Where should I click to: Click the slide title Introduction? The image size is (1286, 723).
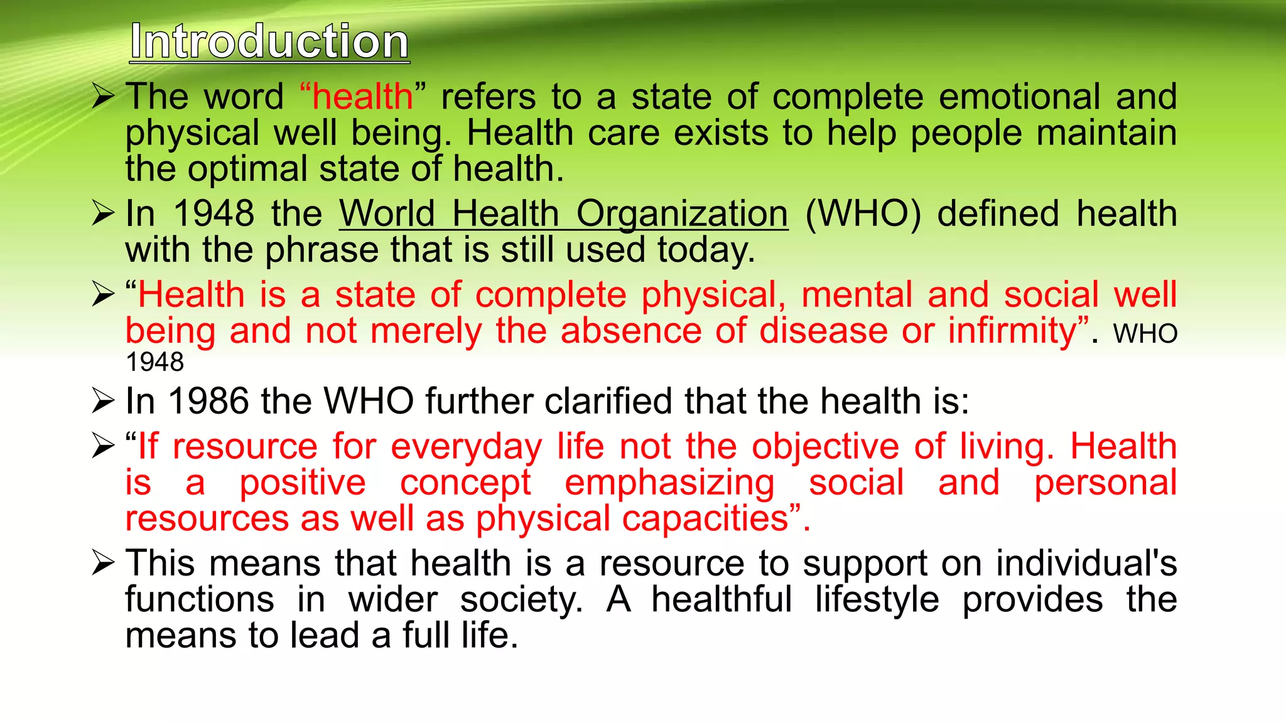[269, 42]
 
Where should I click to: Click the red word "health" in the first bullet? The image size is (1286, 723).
[362, 97]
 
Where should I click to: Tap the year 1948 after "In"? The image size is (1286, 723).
[213, 213]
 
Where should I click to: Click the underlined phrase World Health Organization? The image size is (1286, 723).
[563, 214]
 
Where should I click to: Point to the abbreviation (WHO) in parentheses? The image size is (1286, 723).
[863, 214]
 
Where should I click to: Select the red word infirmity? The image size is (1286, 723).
[1018, 331]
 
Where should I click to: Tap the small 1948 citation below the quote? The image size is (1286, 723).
[154, 362]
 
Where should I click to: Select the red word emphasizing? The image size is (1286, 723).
[669, 483]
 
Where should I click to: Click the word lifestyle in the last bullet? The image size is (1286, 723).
[877, 599]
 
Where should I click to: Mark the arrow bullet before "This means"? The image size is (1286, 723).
[103, 562]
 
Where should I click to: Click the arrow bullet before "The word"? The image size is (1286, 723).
[103, 97]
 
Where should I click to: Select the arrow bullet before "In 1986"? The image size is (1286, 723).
[103, 401]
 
